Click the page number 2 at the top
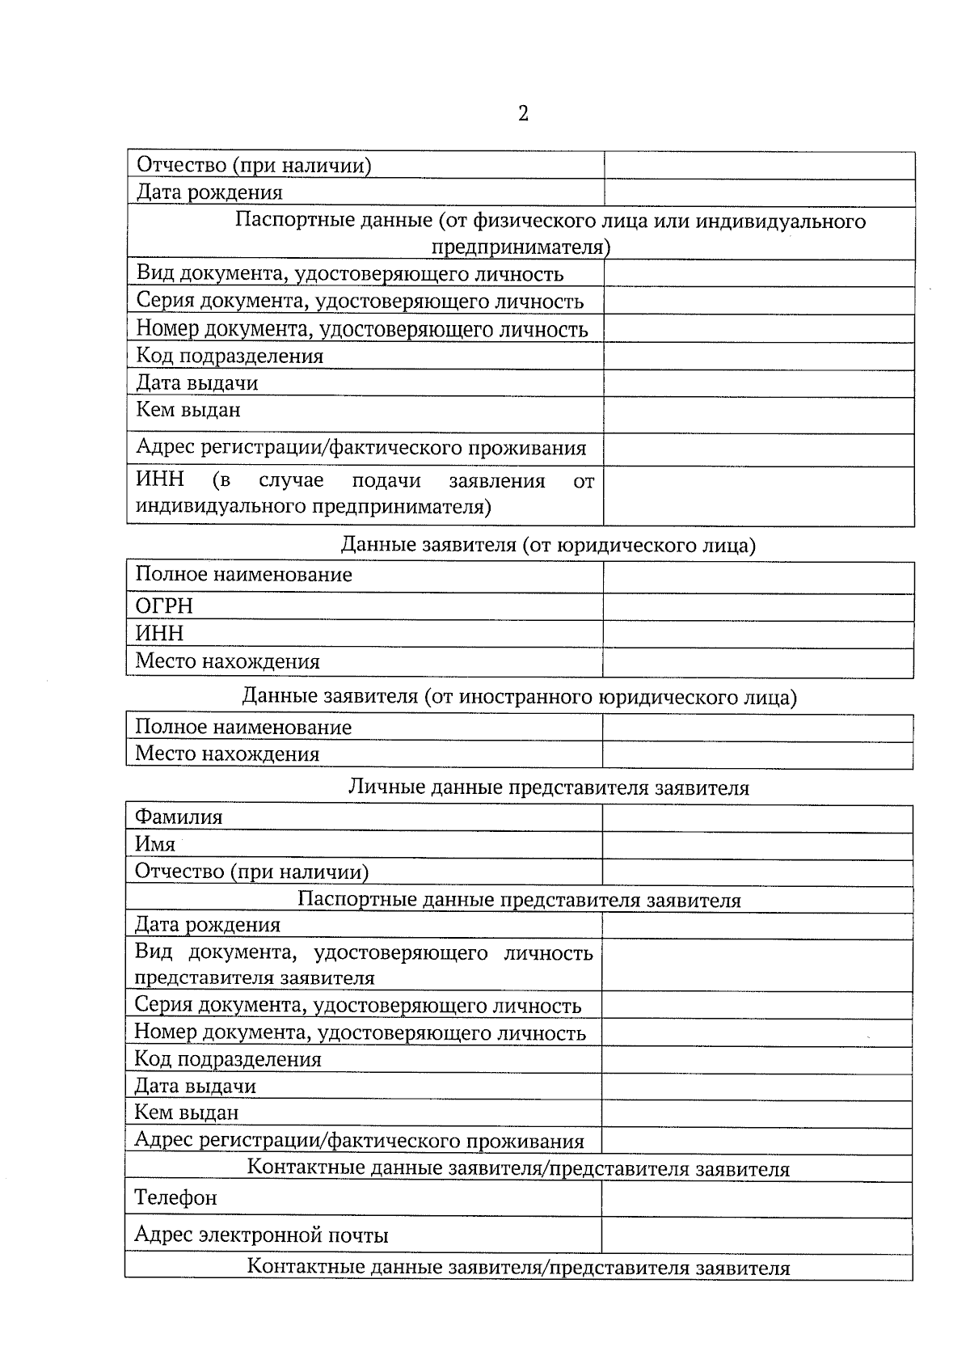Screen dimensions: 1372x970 (523, 113)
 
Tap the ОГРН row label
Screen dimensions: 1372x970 (164, 606)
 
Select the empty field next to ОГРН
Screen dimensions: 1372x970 (757, 607)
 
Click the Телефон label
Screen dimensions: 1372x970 (175, 1197)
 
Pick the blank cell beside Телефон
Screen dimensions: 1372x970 (757, 1199)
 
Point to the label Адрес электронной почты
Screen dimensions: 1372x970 (261, 1235)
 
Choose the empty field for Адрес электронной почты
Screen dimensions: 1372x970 (757, 1235)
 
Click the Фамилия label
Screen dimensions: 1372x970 (179, 817)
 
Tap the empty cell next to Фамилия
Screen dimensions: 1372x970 (757, 818)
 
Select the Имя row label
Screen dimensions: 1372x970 (155, 844)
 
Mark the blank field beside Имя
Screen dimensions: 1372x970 (757, 846)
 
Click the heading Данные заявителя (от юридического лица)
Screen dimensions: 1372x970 (548, 545)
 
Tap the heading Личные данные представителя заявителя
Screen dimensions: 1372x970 (548, 787)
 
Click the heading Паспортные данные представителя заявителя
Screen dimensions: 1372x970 (519, 900)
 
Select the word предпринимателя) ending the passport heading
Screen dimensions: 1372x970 (521, 247)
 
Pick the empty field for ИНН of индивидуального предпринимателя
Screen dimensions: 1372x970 (758, 496)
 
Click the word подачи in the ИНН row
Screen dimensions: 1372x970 (386, 481)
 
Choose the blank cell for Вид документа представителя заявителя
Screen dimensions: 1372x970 (757, 965)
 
